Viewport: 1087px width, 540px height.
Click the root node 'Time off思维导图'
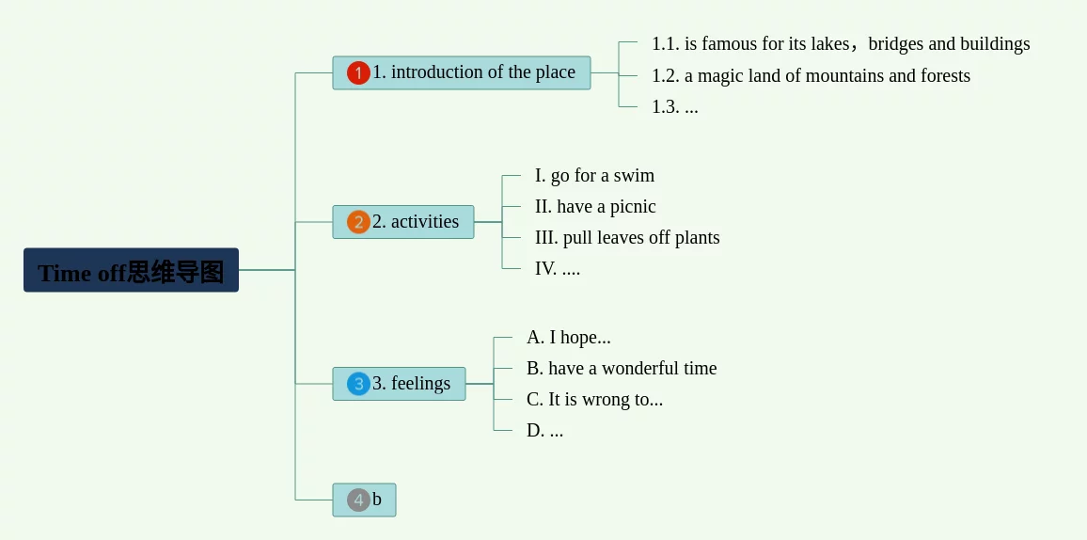[131, 271]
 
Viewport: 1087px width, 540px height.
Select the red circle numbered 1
[358, 73]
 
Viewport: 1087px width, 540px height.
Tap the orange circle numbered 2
[358, 222]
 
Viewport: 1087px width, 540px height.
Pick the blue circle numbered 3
[358, 384]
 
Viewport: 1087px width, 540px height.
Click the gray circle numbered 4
[358, 500]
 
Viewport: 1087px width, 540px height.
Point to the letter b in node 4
[377, 500]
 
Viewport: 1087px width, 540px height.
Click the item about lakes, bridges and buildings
[840, 44]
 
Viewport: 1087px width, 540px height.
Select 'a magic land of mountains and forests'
[811, 75]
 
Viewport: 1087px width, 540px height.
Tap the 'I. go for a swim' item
[594, 175]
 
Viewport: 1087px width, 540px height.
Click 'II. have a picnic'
[595, 206]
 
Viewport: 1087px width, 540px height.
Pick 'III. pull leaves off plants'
[627, 237]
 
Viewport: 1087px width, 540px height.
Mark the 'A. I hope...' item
[568, 337]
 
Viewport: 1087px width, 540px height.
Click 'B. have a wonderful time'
[622, 368]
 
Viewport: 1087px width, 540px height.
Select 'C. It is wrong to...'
[594, 399]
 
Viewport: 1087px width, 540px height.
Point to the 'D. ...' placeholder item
[544, 430]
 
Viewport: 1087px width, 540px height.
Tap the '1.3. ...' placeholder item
[674, 106]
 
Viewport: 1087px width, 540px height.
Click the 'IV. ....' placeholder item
[558, 268]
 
